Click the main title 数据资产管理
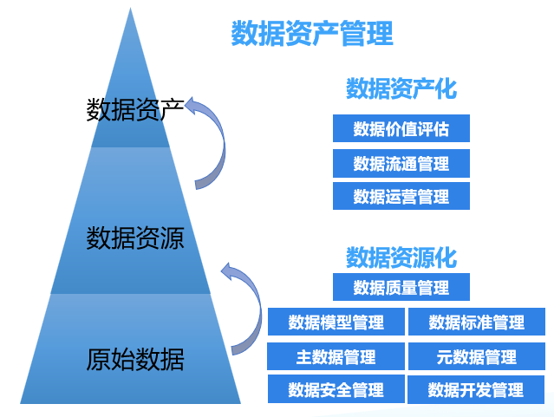click(x=312, y=34)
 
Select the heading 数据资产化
click(x=401, y=88)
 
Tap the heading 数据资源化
click(x=401, y=257)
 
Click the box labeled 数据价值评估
click(x=401, y=129)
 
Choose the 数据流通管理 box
click(x=401, y=163)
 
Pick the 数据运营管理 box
click(x=401, y=196)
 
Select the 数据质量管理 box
click(x=401, y=287)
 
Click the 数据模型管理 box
click(x=336, y=323)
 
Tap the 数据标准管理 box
click(x=477, y=323)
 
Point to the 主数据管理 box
click(x=336, y=356)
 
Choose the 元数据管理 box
click(x=477, y=356)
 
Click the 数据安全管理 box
click(x=336, y=389)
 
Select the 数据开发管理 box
click(x=477, y=389)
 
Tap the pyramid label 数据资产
click(x=134, y=110)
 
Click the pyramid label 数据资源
click(x=134, y=238)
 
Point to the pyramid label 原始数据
click(x=134, y=358)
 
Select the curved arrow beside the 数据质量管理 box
click(x=247, y=303)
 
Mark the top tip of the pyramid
click(x=131, y=11)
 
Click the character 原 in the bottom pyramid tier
click(x=99, y=358)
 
